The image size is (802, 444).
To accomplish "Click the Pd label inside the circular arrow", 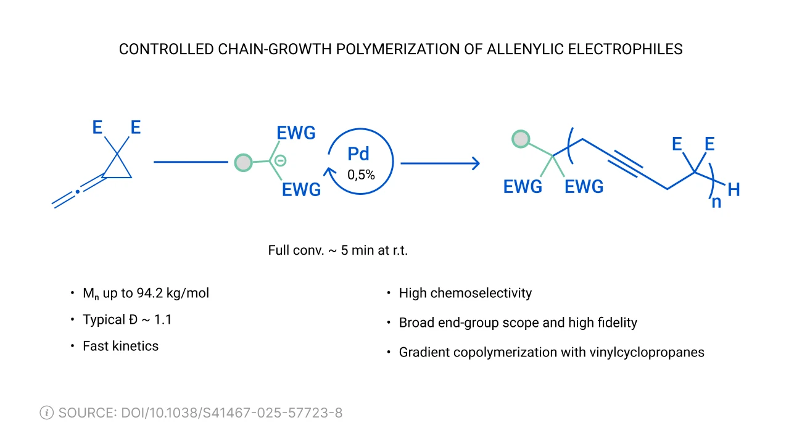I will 358,154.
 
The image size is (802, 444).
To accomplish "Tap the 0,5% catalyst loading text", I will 361,175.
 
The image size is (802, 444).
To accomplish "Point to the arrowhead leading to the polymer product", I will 475,163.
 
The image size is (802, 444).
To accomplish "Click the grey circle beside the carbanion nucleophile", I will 244,163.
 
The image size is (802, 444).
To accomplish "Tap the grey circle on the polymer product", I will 521,139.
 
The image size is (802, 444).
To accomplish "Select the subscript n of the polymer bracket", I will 716,202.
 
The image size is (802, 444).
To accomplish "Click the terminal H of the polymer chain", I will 734,190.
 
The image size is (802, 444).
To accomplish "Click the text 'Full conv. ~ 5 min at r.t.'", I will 338,250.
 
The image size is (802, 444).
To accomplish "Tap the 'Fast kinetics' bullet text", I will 120,346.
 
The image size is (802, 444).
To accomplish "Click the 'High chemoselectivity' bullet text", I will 465,293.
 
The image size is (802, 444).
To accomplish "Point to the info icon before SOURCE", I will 46,413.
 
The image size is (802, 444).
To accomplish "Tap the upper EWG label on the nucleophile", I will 296,133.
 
